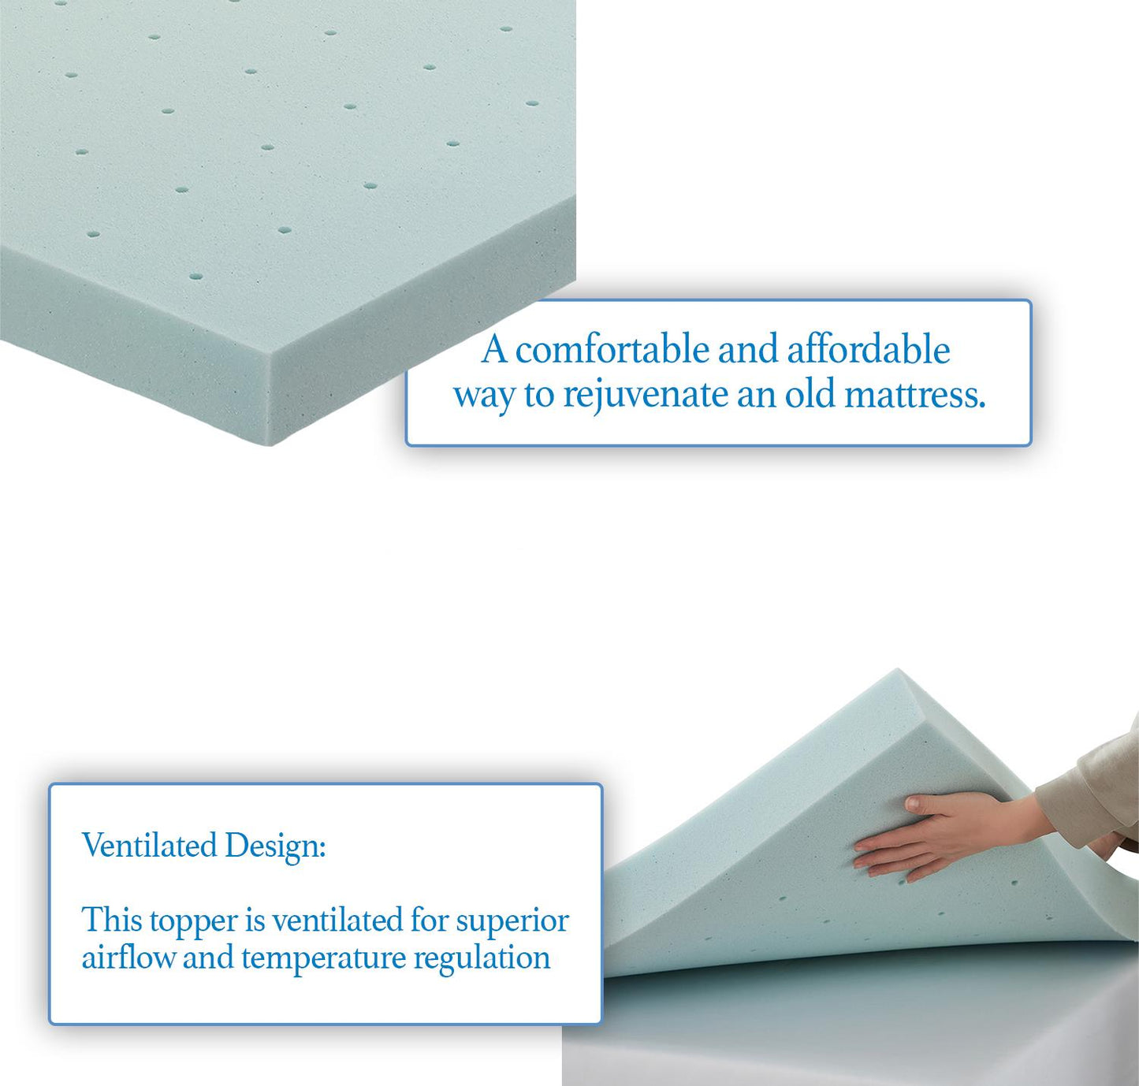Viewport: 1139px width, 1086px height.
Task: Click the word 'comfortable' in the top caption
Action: click(612, 350)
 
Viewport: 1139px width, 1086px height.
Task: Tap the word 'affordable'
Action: click(868, 350)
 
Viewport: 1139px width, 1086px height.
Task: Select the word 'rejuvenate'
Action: click(645, 394)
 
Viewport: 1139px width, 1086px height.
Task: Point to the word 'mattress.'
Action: click(914, 394)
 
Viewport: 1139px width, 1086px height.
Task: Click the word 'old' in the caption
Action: click(810, 394)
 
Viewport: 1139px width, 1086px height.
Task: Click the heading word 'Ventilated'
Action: click(150, 846)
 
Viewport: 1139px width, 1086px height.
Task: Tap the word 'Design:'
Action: click(275, 846)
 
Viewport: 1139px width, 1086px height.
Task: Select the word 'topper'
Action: click(193, 921)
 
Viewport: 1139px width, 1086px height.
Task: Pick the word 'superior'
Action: click(512, 920)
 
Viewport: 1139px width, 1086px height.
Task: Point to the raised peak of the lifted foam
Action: click(899, 675)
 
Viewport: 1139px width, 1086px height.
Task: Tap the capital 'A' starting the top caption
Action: click(494, 350)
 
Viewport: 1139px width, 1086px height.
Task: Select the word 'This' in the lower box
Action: click(111, 920)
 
